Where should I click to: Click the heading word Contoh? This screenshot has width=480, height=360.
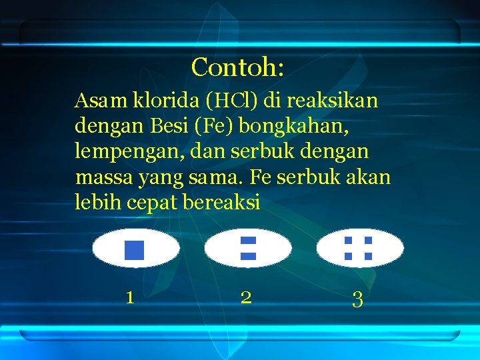[238, 67]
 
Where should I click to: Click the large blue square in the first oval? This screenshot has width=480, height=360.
[134, 249]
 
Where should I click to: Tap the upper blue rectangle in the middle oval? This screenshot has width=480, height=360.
[248, 240]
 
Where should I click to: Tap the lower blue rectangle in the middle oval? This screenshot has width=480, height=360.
[248, 256]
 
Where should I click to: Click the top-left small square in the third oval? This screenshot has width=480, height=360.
[348, 241]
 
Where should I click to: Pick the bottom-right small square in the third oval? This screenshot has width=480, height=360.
[368, 256]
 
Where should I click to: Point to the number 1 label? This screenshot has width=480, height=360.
[130, 297]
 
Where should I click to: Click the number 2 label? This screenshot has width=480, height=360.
[246, 297]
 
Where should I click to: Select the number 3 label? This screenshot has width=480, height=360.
[357, 300]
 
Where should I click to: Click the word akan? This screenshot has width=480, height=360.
[367, 178]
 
